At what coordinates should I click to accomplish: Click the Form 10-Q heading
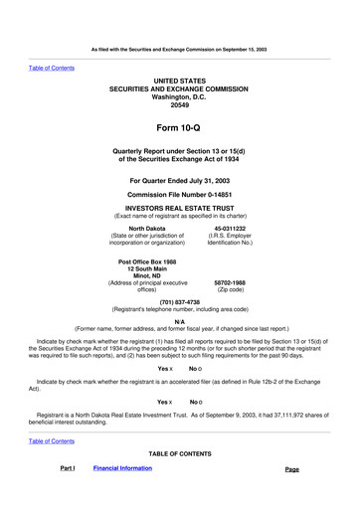pos(180,127)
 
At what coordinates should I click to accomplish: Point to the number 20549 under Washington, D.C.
pos(180,103)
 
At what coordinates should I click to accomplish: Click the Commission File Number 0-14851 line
pos(180,194)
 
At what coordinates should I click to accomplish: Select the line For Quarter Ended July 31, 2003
pos(180,180)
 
